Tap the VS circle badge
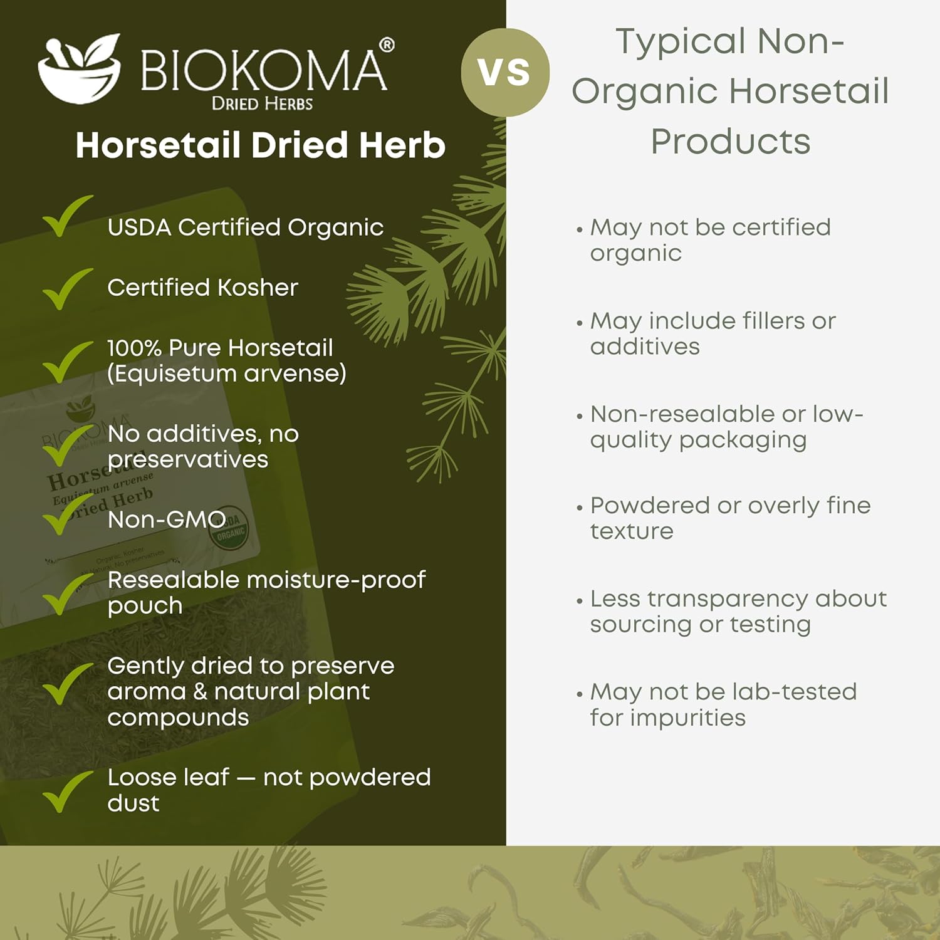coord(505,72)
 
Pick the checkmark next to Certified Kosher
coord(66,289)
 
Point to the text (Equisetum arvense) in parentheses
coord(227,373)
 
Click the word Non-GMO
coord(166,520)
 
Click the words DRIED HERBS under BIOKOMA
coord(262,103)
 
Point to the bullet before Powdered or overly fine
coord(580,507)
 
